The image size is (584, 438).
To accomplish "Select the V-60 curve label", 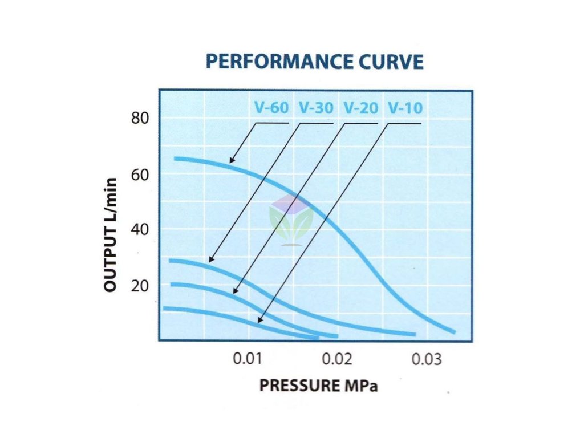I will click(271, 108).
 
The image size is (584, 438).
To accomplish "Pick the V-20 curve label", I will click(360, 108).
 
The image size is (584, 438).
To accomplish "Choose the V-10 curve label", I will click(405, 108).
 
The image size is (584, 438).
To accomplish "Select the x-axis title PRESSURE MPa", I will click(318, 386).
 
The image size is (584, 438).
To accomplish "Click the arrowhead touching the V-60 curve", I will click(232, 161).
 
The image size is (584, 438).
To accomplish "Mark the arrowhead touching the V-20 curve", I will click(235, 292).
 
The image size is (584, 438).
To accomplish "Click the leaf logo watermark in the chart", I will click(291, 220).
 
